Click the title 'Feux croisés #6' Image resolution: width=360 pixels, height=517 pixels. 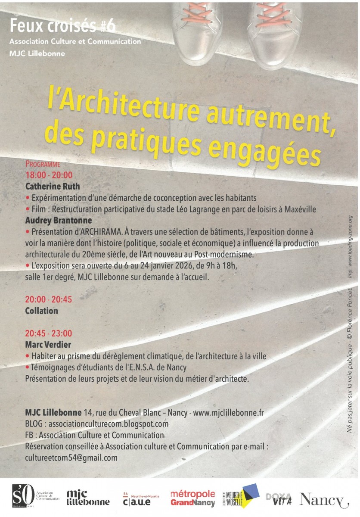click(x=63, y=26)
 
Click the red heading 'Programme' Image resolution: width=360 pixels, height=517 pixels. click(x=43, y=164)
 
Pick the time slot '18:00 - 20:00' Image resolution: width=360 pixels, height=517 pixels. click(x=49, y=175)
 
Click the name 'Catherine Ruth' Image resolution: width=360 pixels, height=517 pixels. click(x=53, y=187)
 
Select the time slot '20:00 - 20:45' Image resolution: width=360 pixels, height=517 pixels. click(x=49, y=299)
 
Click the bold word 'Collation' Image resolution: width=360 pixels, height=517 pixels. click(x=41, y=311)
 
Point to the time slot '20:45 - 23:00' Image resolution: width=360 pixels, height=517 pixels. click(x=49, y=333)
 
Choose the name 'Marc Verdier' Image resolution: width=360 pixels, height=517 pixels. click(x=48, y=345)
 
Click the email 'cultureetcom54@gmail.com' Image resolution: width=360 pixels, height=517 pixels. click(x=71, y=458)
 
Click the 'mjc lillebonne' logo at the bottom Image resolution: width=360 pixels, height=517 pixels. click(x=88, y=498)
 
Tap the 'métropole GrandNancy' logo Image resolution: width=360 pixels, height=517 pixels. click(x=192, y=498)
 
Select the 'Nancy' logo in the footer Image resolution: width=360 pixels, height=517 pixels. click(x=324, y=499)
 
